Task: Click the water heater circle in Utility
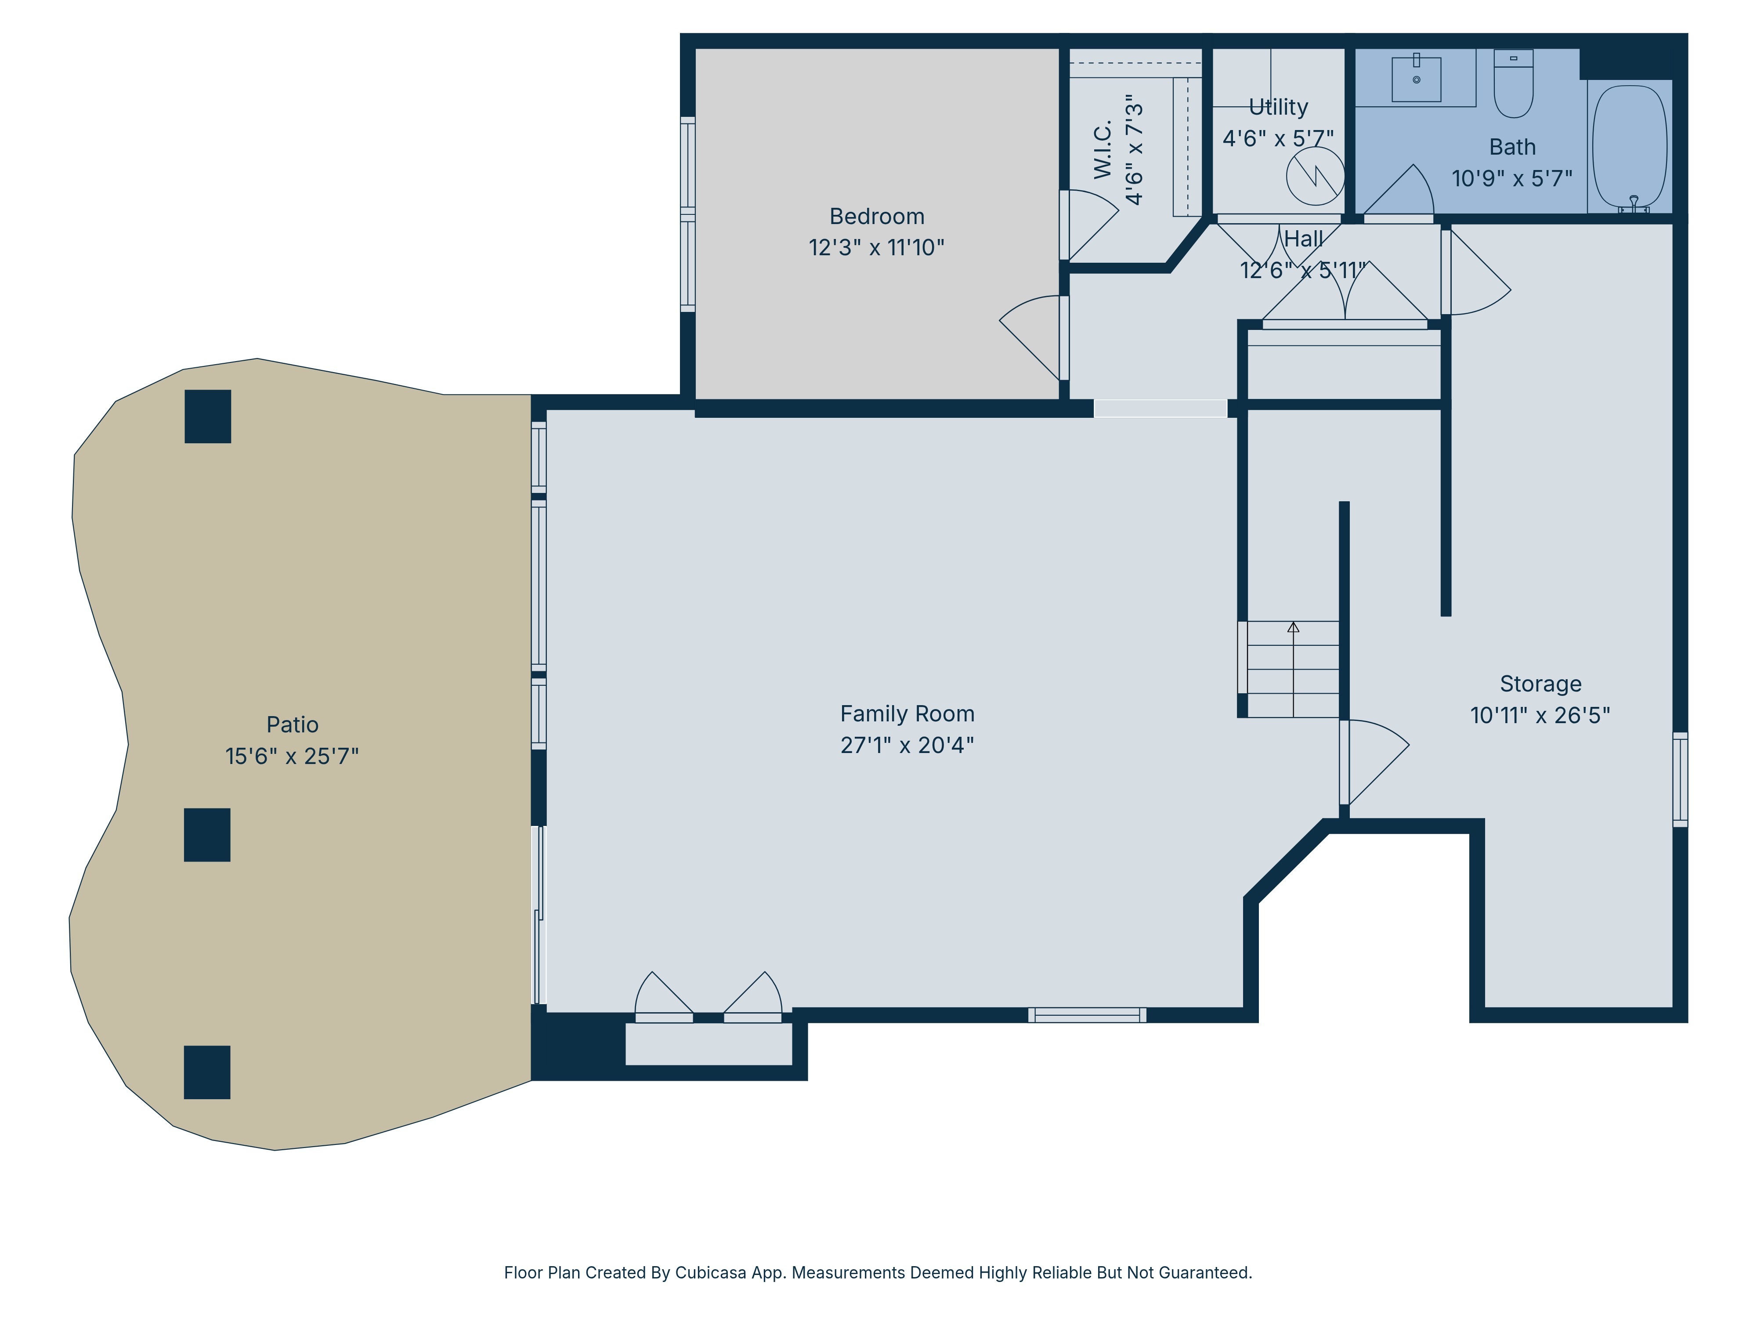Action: point(1316,176)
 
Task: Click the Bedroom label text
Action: point(877,216)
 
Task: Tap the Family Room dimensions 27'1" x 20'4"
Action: point(907,745)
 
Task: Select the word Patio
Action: point(292,724)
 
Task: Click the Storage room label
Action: point(1540,684)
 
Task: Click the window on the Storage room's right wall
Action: point(1680,779)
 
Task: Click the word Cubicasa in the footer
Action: point(711,1273)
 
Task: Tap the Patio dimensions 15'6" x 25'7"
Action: point(292,757)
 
